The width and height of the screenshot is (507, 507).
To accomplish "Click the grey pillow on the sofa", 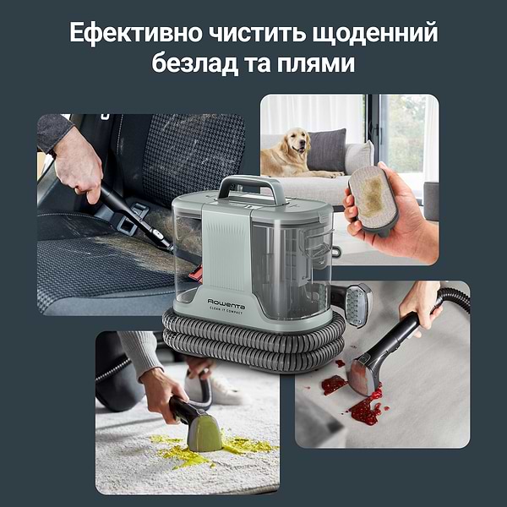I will [x=327, y=149].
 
